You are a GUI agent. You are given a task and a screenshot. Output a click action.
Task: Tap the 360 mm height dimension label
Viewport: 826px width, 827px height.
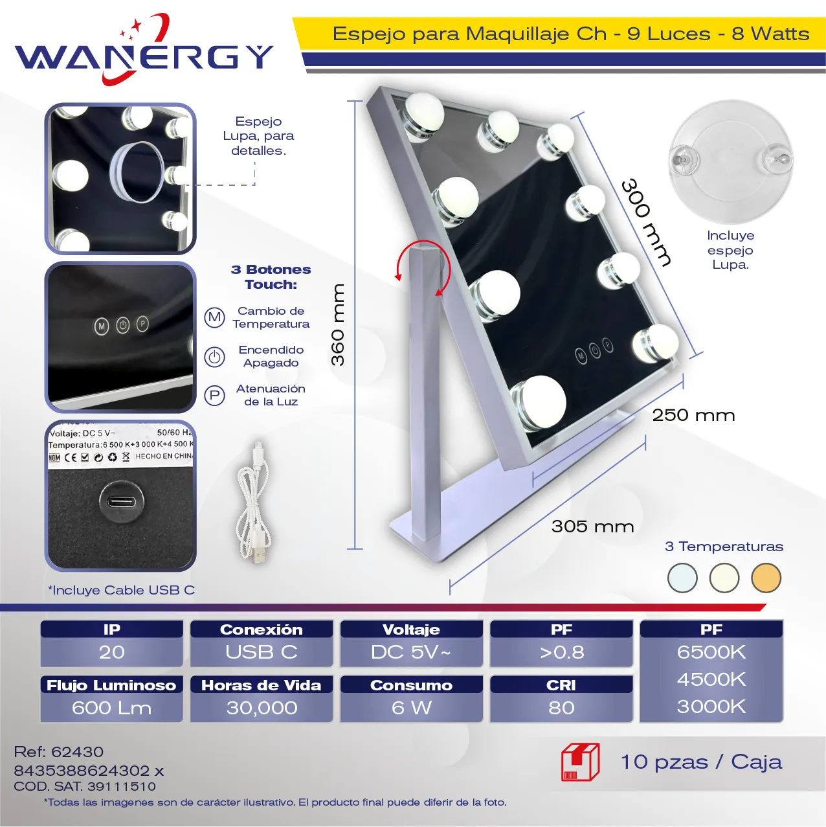click(x=338, y=324)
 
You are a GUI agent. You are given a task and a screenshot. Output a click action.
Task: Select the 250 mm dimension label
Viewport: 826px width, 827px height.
click(x=693, y=415)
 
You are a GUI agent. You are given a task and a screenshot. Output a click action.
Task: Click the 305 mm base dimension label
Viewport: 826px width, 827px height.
click(x=592, y=527)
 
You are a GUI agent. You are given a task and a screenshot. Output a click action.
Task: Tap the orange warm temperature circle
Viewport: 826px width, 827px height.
click(x=766, y=578)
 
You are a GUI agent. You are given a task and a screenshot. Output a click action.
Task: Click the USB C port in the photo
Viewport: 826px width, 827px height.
click(x=122, y=501)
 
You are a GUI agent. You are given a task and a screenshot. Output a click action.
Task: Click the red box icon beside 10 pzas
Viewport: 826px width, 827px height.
click(x=580, y=762)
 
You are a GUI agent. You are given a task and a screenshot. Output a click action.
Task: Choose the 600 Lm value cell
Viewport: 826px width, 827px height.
click(x=111, y=708)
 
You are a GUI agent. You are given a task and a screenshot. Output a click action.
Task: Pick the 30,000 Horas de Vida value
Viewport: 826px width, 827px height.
click(x=262, y=708)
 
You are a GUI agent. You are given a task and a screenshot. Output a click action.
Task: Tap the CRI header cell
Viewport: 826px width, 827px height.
click(x=561, y=685)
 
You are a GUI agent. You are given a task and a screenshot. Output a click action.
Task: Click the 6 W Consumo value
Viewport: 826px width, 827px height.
click(x=412, y=708)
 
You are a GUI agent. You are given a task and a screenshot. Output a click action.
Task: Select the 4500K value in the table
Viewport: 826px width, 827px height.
click(x=711, y=679)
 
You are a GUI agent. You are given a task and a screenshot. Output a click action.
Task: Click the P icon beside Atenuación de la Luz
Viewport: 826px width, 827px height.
click(x=214, y=395)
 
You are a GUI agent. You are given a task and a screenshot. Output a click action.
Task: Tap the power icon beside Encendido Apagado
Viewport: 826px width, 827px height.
click(x=214, y=357)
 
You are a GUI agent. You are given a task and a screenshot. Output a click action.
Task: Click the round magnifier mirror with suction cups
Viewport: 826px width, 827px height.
click(x=731, y=162)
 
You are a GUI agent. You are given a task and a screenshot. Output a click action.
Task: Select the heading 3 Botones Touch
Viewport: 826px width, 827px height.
click(x=271, y=277)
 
